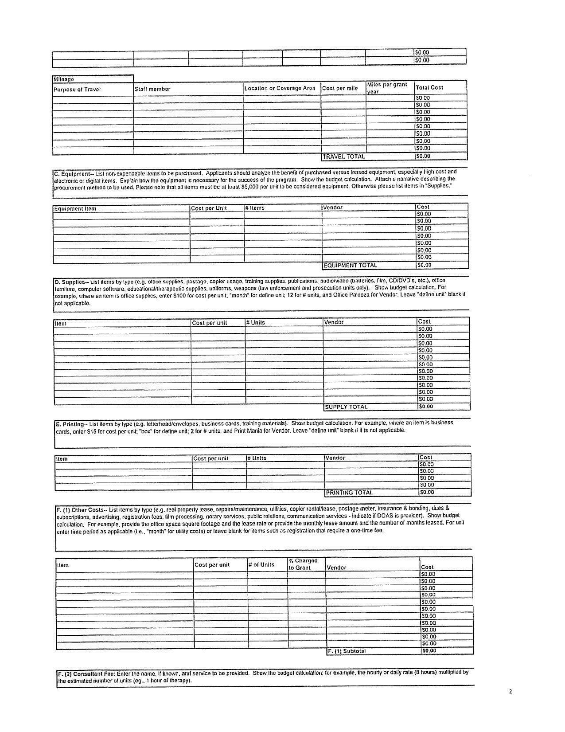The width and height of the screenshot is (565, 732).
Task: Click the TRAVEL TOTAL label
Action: point(344,157)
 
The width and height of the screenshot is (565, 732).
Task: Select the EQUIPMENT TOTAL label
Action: point(350,266)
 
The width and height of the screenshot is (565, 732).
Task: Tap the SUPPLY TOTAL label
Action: point(346,407)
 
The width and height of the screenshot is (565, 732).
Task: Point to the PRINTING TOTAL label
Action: point(350,493)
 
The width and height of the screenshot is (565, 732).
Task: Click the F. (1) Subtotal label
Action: point(347,651)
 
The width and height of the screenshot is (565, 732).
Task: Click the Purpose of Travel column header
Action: point(77,90)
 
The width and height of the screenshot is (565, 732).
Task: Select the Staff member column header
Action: point(152,89)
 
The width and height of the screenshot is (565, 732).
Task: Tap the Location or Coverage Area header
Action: point(280,88)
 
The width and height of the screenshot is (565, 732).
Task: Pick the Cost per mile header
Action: point(340,88)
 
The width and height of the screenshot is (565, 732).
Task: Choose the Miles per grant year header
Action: point(387,88)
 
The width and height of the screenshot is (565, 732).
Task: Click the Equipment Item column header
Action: point(75,209)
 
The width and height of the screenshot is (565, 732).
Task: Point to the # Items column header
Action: point(255,208)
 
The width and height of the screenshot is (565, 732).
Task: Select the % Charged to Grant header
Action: point(303,564)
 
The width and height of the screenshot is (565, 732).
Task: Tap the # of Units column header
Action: point(261,565)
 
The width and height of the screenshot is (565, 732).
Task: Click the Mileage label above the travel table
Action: point(64,79)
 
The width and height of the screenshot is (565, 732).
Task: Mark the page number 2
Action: point(510,692)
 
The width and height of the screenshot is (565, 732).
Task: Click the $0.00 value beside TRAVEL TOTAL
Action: point(423,156)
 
